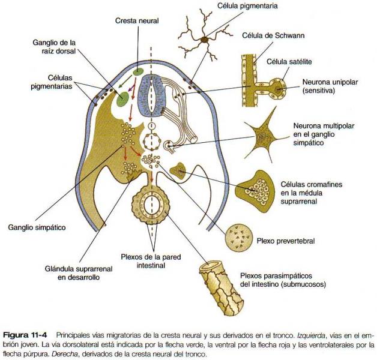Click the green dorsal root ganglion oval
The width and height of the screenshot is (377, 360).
[x=123, y=99]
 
